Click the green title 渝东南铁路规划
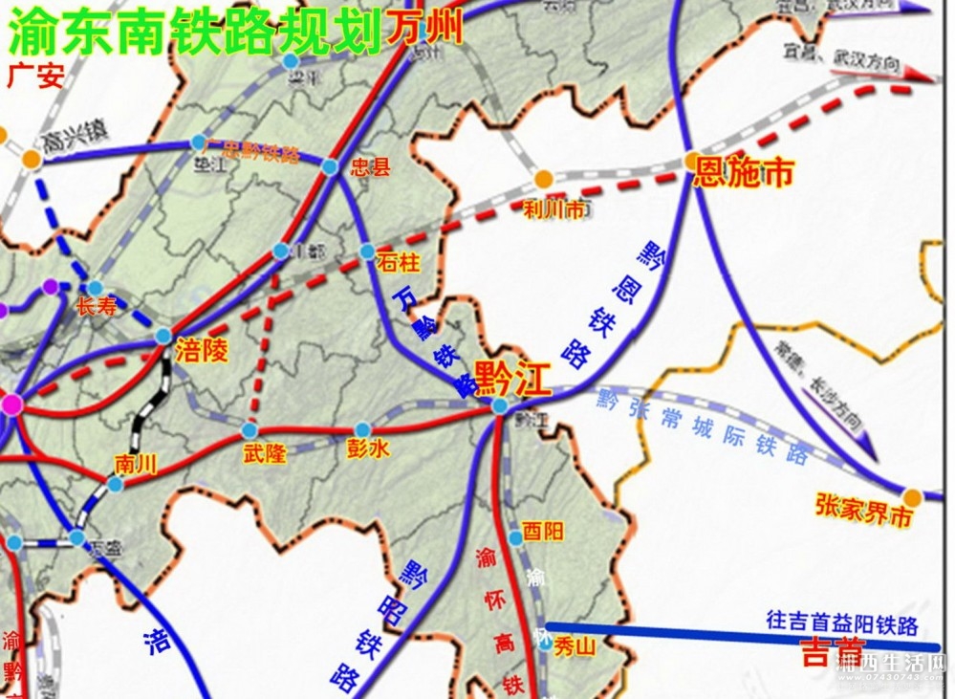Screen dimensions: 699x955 195,33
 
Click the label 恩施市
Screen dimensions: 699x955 744,174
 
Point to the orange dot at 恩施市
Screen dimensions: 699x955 692,163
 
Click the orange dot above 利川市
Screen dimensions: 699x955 543,179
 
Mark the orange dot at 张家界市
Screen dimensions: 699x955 912,497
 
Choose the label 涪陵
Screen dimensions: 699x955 202,351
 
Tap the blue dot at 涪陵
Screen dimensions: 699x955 163,337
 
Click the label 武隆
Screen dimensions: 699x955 265,454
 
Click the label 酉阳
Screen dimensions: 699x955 542,533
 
